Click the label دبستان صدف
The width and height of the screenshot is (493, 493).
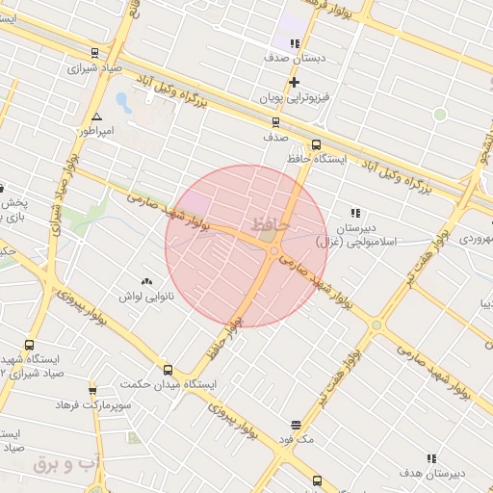[x=298, y=58]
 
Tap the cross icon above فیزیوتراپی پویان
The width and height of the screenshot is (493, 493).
[x=294, y=83]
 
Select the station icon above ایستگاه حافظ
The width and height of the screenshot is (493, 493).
[x=317, y=145]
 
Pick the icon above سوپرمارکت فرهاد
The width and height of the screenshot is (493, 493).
[x=92, y=391]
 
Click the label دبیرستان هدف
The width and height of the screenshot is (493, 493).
[x=430, y=474]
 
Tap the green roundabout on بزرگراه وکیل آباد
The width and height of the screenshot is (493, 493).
[x=440, y=115]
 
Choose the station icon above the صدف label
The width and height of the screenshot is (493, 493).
[x=276, y=122]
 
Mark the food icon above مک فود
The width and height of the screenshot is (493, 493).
[x=294, y=424]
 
